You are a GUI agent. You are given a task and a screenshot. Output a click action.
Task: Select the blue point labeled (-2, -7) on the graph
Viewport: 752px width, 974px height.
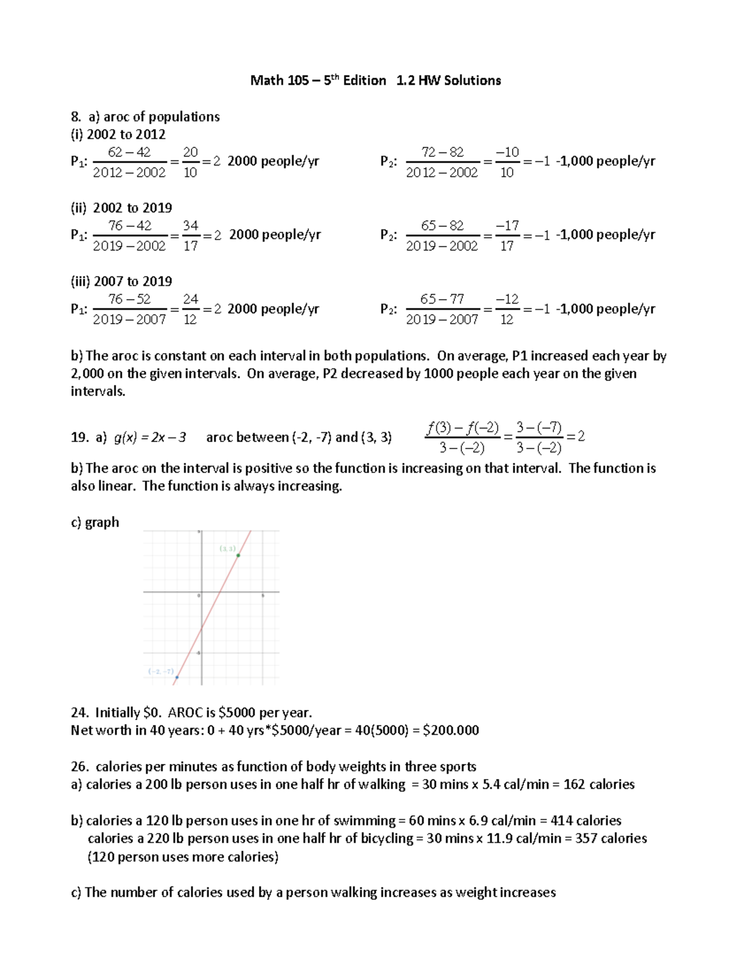(x=177, y=677)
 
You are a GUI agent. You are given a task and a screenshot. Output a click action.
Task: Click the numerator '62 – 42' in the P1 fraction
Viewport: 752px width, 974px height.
(x=129, y=152)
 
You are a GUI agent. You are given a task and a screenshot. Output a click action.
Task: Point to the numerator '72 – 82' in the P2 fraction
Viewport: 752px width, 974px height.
(x=442, y=152)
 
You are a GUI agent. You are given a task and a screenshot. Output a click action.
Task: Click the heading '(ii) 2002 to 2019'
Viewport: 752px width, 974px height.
(x=122, y=208)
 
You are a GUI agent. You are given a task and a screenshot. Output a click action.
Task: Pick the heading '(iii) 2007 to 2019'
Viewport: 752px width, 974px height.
(x=122, y=281)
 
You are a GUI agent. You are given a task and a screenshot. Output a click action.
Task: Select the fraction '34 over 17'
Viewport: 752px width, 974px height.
(x=191, y=235)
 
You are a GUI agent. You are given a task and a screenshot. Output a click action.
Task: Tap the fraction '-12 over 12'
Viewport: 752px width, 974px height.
(x=507, y=309)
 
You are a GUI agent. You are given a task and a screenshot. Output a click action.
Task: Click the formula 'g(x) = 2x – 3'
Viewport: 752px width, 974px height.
(x=150, y=437)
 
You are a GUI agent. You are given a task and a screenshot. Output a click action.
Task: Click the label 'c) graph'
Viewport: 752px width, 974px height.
(x=95, y=522)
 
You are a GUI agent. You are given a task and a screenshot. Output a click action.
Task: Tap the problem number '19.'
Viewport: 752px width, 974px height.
(x=80, y=437)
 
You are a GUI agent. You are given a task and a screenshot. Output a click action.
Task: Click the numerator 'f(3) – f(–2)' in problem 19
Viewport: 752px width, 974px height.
(x=462, y=428)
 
